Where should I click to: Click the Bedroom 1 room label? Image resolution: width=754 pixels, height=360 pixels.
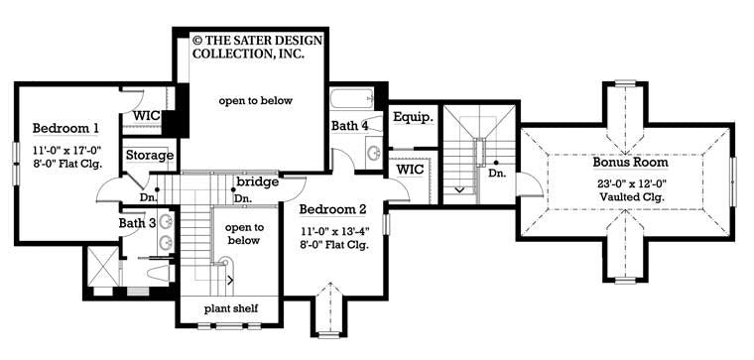[65, 129]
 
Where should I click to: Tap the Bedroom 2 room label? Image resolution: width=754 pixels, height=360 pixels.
[333, 209]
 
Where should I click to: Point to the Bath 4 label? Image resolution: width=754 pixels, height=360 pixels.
[350, 126]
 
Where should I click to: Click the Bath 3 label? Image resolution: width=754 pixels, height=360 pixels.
[138, 223]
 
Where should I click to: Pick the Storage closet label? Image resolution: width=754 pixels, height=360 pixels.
[149, 156]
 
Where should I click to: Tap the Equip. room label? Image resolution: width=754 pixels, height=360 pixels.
[412, 117]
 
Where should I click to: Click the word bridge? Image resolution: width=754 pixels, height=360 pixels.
[257, 182]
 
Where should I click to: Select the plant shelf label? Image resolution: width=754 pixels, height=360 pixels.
[230, 309]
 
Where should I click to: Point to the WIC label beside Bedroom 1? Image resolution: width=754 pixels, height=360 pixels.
[148, 117]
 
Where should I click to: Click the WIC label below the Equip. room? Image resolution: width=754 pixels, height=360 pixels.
[410, 170]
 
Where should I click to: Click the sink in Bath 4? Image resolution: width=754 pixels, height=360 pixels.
[374, 153]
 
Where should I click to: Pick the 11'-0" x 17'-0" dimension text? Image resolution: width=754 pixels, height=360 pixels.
[65, 151]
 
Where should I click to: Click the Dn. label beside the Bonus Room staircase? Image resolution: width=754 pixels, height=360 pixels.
[496, 173]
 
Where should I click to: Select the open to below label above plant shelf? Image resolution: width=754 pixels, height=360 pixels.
[243, 233]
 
